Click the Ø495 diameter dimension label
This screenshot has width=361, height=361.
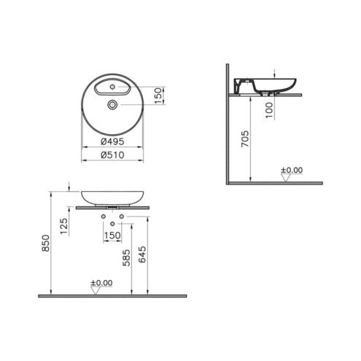(x=112, y=141)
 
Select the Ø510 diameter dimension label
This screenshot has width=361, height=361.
(x=112, y=155)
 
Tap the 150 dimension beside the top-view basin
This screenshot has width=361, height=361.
(x=158, y=96)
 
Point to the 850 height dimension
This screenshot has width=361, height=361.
(x=46, y=243)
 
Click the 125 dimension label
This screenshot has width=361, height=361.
(x=64, y=226)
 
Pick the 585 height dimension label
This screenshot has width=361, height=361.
(x=126, y=257)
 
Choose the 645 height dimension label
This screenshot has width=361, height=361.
(x=142, y=255)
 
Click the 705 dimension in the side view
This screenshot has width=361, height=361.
(x=245, y=139)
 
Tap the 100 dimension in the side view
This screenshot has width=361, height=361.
(x=269, y=110)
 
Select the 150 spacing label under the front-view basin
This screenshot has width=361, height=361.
(x=112, y=236)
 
